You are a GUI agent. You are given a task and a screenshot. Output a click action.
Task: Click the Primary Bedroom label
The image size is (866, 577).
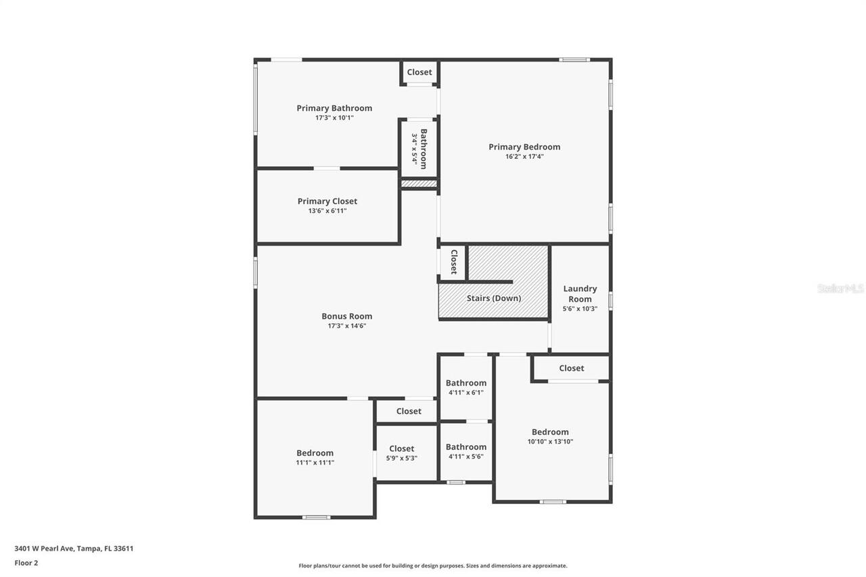pyautogui.click(x=524, y=147)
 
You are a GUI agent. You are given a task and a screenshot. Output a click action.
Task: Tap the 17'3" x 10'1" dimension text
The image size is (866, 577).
pyautogui.click(x=334, y=118)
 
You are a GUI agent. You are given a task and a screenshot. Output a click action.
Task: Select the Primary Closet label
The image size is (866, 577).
pyautogui.click(x=327, y=201)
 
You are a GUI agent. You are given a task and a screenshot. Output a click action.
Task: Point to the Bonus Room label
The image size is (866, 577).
pyautogui.click(x=346, y=316)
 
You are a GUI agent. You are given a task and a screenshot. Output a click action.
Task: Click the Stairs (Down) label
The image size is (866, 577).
pyautogui.click(x=494, y=298)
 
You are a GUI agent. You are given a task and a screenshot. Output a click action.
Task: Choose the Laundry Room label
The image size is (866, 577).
pyautogui.click(x=580, y=294)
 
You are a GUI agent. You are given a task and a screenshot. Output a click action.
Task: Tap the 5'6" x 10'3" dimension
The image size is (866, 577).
pyautogui.click(x=580, y=308)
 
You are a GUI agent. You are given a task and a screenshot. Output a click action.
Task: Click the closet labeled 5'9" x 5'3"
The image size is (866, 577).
pyautogui.click(x=401, y=453)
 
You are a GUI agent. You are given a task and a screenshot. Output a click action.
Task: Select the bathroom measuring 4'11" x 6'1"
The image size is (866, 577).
pyautogui.click(x=465, y=387)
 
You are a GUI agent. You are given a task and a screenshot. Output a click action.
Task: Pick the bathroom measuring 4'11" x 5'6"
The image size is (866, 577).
pyautogui.click(x=465, y=451)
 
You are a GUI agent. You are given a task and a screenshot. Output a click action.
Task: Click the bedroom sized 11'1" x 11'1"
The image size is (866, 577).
pyautogui.click(x=315, y=457)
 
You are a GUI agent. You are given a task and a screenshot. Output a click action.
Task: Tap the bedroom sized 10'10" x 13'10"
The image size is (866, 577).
pyautogui.click(x=550, y=436)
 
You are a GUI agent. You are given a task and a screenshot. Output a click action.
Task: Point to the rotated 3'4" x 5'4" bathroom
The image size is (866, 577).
pyautogui.click(x=419, y=149)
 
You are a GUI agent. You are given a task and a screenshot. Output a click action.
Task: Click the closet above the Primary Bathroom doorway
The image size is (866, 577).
pyautogui.click(x=419, y=72)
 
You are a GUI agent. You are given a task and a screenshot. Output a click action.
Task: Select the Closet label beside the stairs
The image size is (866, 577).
pyautogui.click(x=453, y=262)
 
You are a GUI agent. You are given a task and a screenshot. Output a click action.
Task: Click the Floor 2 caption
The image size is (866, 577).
pyautogui.click(x=26, y=563)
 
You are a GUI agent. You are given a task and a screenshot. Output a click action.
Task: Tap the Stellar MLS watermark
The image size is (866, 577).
pyautogui.click(x=840, y=288)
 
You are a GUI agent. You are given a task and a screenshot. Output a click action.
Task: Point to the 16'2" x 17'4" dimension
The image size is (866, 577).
pyautogui.click(x=524, y=156)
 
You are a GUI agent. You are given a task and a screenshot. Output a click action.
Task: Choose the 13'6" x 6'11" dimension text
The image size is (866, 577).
pyautogui.click(x=327, y=210)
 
